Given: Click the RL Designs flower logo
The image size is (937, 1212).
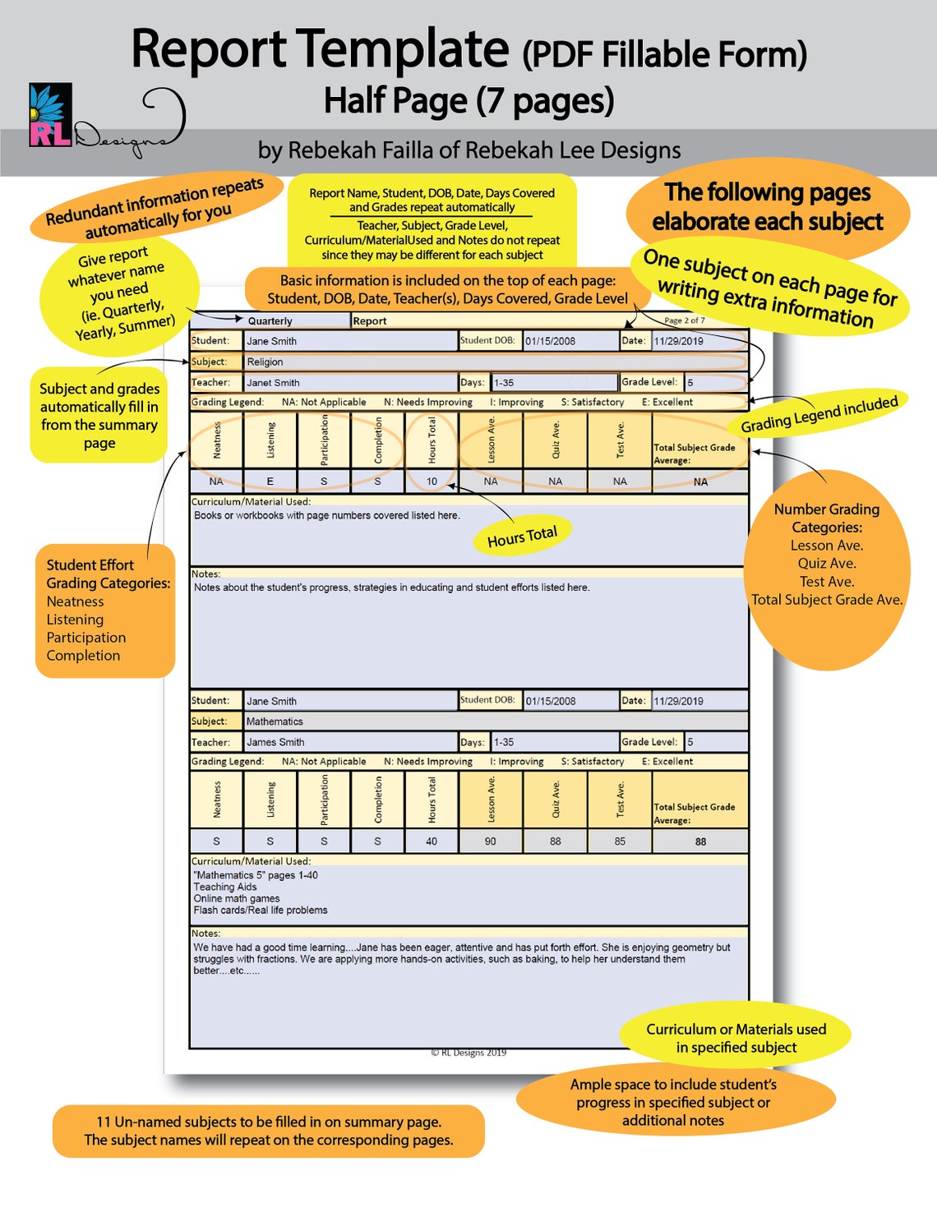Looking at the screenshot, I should click(50, 115).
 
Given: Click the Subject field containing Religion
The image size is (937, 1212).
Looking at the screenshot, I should click(493, 362).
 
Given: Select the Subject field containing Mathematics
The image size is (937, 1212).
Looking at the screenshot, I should click(493, 721).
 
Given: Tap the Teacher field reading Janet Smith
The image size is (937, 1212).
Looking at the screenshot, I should click(349, 383).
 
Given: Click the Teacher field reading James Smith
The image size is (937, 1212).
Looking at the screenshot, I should click(349, 742).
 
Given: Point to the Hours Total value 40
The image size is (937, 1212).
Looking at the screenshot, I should click(432, 841).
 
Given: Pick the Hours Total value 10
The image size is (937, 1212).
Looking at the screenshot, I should click(432, 482).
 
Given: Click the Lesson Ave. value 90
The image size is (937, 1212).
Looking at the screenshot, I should click(491, 841).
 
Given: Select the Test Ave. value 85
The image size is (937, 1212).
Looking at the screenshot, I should click(620, 841).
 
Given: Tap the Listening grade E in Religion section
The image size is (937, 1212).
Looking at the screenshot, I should click(270, 482).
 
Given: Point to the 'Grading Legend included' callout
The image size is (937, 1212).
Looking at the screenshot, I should click(819, 413).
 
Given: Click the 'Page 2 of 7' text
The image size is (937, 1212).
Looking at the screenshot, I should click(684, 320).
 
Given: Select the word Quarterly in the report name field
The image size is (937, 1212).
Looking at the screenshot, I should click(270, 321).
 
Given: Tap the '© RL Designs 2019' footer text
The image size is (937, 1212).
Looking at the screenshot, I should click(468, 1053).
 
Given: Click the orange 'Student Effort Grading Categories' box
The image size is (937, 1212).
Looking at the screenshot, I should click(105, 611).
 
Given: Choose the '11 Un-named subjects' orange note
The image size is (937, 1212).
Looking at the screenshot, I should click(268, 1131).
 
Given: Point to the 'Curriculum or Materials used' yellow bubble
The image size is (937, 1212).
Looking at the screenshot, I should click(736, 1038).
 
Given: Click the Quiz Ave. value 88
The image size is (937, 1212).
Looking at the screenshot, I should click(556, 841).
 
